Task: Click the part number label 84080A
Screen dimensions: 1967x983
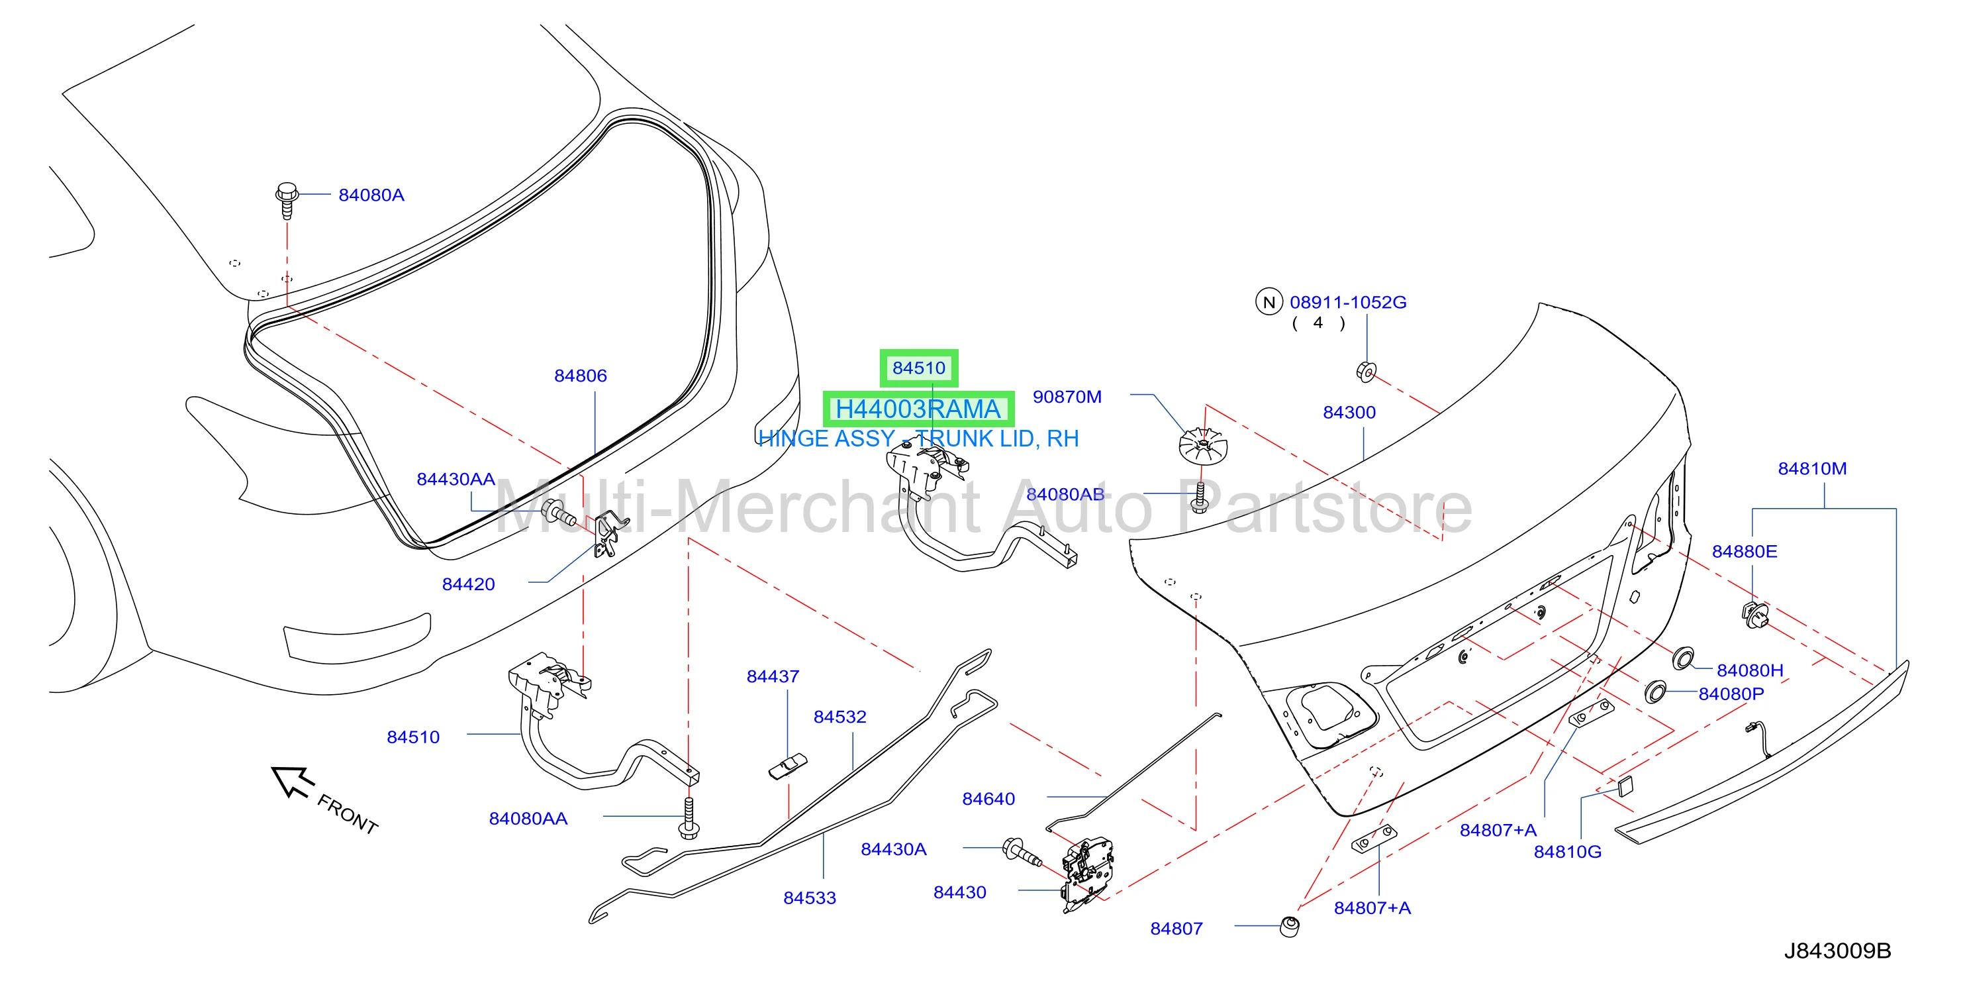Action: click(x=371, y=195)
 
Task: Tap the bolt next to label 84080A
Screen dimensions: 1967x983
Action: click(x=287, y=200)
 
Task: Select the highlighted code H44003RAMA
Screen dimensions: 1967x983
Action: click(x=918, y=409)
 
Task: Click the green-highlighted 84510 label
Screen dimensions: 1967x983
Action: click(x=918, y=368)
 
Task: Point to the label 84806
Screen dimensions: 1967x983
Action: click(x=581, y=376)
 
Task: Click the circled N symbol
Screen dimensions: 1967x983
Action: click(x=1269, y=303)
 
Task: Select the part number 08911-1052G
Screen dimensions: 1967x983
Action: click(x=1348, y=303)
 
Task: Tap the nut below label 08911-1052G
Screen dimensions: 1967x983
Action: click(x=1366, y=373)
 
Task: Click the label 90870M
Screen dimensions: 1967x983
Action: click(x=1067, y=397)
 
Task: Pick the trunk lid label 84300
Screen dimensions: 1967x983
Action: click(x=1349, y=413)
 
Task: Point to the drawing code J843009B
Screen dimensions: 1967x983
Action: click(x=1837, y=951)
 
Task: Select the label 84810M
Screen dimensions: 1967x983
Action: click(x=1812, y=469)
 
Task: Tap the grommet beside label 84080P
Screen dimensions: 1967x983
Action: click(x=1655, y=692)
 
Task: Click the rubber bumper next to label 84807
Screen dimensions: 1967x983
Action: click(x=1290, y=927)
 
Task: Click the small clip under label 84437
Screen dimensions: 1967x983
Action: click(x=788, y=766)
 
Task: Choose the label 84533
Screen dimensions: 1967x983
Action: click(x=810, y=898)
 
